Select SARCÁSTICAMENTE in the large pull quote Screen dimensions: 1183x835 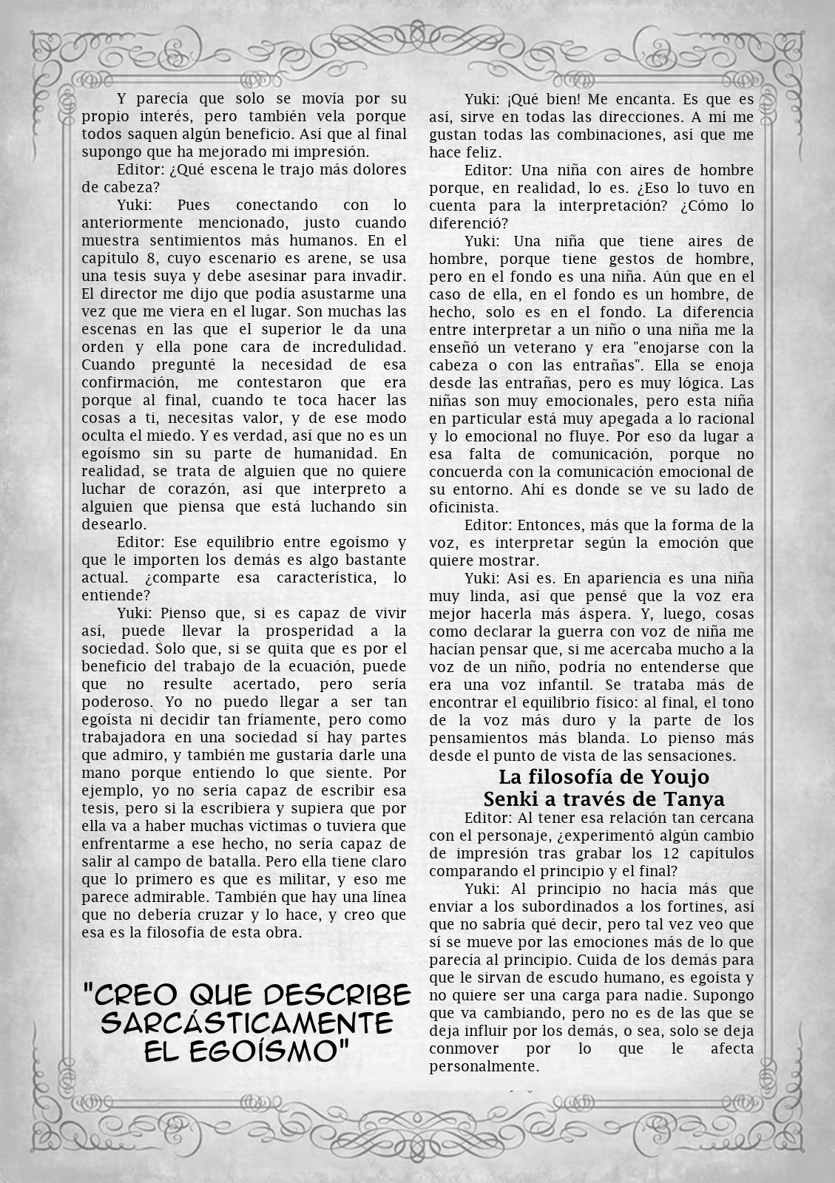tap(247, 1023)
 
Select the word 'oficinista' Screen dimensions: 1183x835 tap(464, 507)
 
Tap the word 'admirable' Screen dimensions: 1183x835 tap(166, 897)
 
